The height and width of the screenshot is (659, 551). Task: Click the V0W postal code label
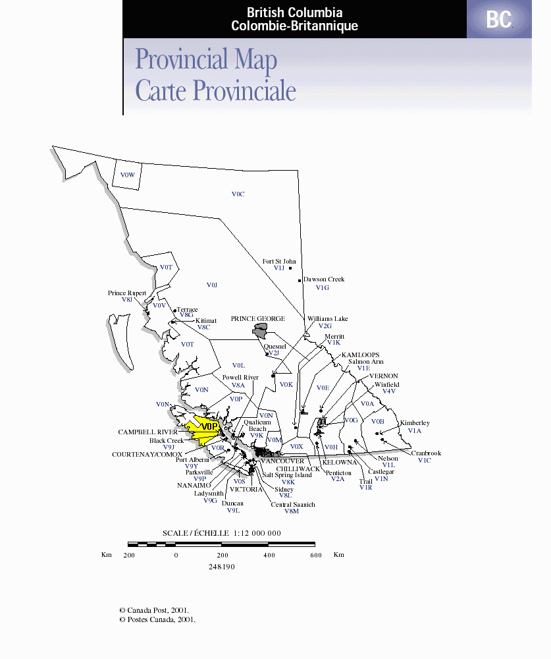pos(127,175)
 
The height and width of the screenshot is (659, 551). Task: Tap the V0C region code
pos(238,194)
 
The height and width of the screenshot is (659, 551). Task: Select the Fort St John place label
pos(279,262)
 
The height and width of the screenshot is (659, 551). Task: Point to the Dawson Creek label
pos(324,279)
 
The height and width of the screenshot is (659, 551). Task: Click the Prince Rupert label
pos(127,293)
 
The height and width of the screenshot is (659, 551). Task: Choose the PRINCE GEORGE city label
pos(257,319)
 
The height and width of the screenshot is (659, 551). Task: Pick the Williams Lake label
pos(327,319)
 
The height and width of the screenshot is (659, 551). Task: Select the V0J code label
pos(211,285)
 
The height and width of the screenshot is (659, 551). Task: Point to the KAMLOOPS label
pos(360,355)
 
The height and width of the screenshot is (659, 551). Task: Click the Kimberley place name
pos(415,423)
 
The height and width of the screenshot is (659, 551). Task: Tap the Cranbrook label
pos(427,453)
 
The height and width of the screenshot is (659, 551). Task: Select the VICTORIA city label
pos(246,490)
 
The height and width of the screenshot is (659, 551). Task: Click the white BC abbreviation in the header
pos(499,20)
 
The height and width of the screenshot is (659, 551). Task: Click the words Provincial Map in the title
pos(206,60)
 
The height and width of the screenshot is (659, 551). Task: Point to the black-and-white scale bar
pos(221,544)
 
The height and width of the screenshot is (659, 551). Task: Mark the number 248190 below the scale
pos(222,567)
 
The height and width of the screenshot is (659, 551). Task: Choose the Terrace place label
pos(187,310)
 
